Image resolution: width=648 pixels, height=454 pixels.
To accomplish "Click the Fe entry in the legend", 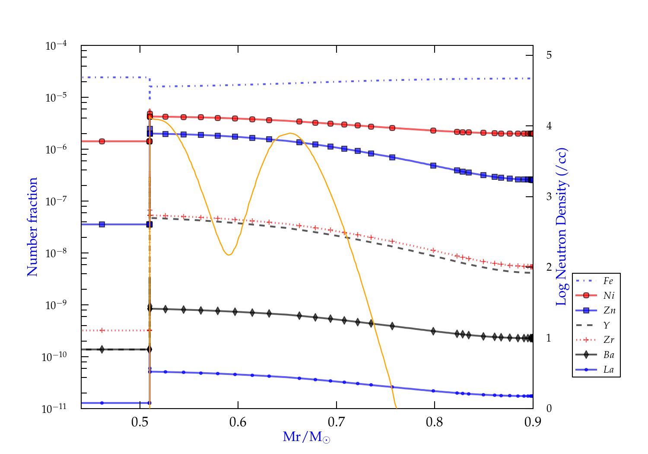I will (x=608, y=281).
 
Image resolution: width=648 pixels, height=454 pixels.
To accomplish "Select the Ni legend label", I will (x=609, y=296).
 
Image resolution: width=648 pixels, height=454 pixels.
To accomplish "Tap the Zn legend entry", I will (x=609, y=310).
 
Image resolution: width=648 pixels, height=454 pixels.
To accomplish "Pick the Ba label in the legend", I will (x=609, y=355).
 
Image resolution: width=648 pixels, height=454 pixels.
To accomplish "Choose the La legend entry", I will (x=608, y=370).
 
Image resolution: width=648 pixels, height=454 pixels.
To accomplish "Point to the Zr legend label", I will (x=609, y=340).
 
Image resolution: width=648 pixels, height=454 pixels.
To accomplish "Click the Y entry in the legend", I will (x=607, y=325).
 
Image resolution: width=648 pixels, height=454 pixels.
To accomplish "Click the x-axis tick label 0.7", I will (x=336, y=422).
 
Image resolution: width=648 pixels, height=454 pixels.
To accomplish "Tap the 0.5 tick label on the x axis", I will (x=140, y=422).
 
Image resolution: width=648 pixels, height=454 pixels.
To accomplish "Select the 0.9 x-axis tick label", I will (x=533, y=422).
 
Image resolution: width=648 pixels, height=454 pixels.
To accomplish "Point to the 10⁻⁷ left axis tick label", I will (x=56, y=201).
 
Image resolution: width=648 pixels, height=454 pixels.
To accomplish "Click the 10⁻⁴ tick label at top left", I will (x=56, y=45).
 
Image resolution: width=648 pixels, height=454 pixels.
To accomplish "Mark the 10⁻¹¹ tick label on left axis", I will (x=54, y=409).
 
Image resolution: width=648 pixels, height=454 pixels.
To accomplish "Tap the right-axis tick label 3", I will (x=549, y=196).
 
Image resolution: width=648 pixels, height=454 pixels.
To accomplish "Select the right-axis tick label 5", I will (x=549, y=55).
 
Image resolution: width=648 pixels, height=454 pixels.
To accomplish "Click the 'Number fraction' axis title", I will (x=32, y=227).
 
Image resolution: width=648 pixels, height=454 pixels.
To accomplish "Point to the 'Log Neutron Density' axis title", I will (x=562, y=227).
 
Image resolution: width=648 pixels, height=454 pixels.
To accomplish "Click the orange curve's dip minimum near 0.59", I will (x=229, y=255).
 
